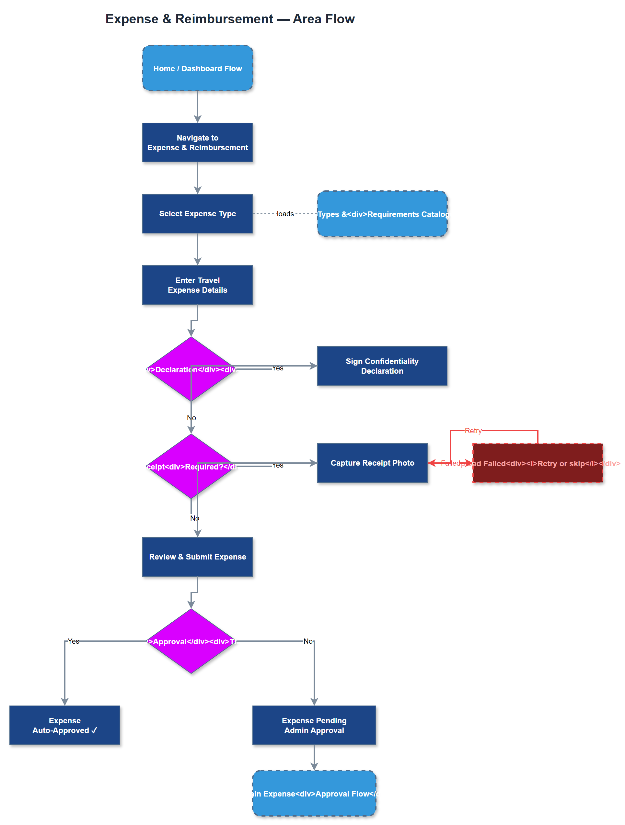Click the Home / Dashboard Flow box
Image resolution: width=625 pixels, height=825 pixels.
coord(197,68)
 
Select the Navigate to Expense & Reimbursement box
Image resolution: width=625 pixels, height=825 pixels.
coord(197,142)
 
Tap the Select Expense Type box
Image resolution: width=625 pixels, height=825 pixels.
coord(197,214)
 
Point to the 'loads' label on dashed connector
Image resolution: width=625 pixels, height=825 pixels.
coord(285,214)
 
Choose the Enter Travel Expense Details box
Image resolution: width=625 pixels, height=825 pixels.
coord(197,285)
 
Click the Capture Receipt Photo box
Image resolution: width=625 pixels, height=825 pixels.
coord(372,463)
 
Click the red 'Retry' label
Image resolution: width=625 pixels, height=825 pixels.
coord(473,431)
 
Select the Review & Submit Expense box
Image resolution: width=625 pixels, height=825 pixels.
coord(197,557)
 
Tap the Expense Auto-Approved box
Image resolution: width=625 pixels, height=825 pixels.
coord(64,725)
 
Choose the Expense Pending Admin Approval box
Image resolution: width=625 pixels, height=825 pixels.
coord(314,725)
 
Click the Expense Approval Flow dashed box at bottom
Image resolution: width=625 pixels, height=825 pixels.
coord(314,794)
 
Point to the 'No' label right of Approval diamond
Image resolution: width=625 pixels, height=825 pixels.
coord(308,641)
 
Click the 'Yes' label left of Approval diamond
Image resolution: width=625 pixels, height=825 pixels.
coord(74,641)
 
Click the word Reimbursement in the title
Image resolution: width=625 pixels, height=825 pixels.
coord(224,19)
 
